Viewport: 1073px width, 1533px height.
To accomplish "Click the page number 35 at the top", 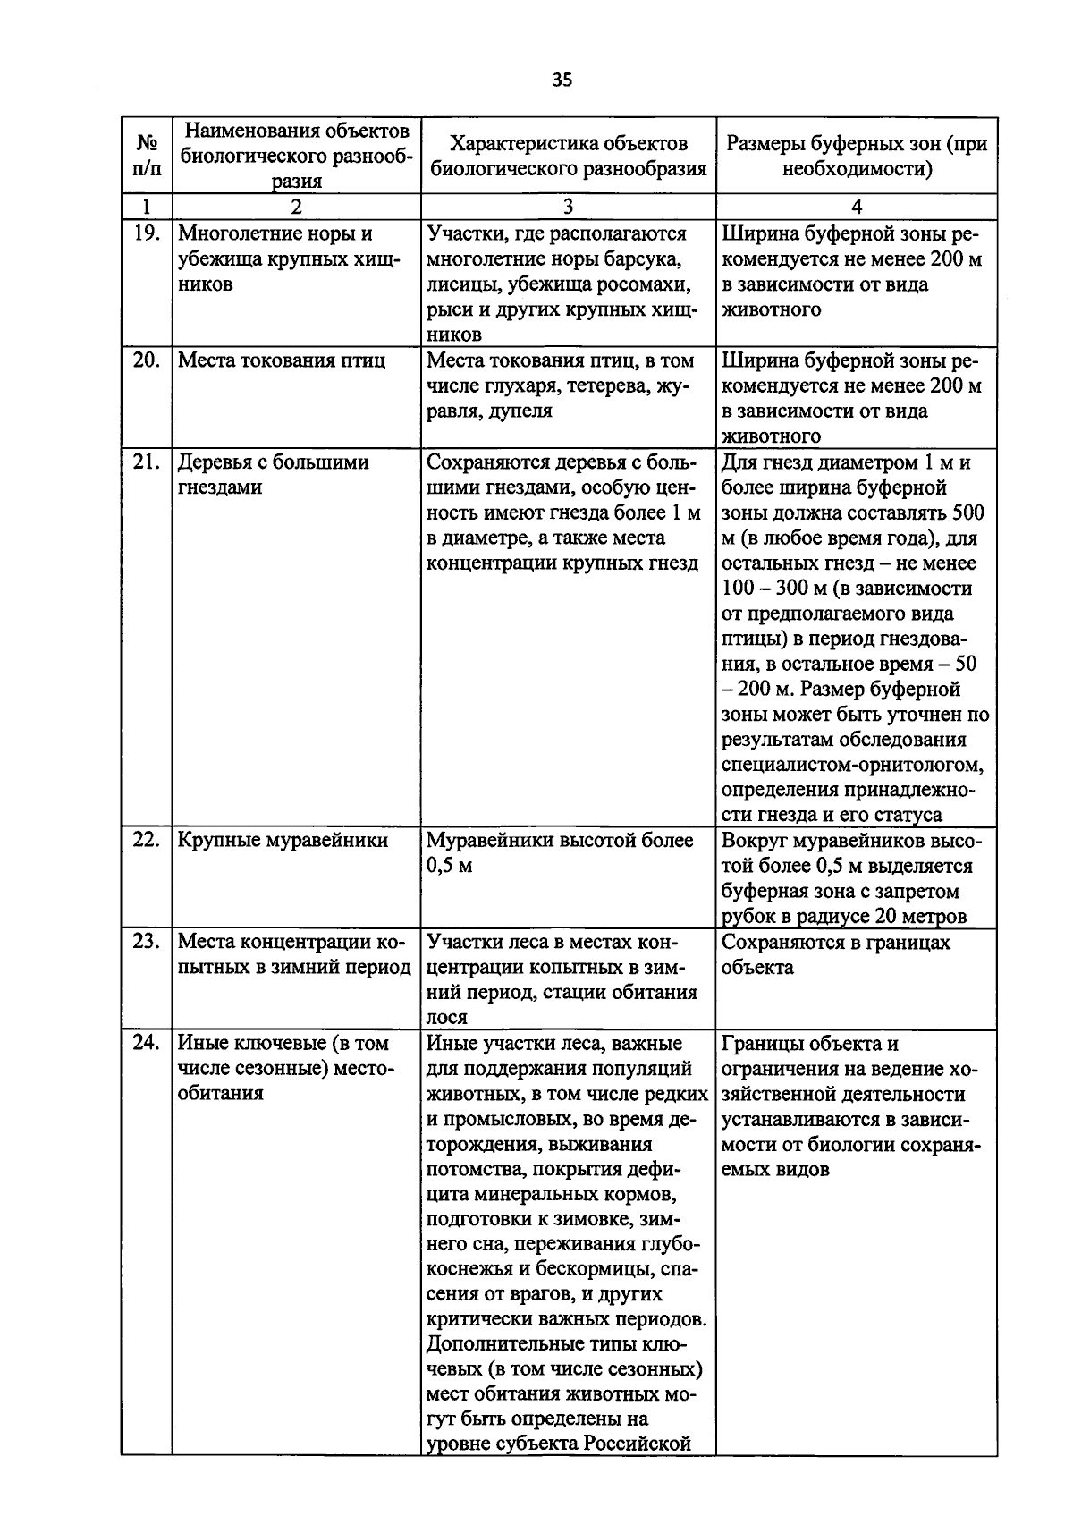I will click(x=562, y=80).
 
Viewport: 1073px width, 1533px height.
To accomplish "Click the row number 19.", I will click(x=146, y=234).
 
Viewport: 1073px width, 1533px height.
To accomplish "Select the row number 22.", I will click(x=146, y=840).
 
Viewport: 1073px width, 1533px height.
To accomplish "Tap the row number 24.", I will click(x=146, y=1043).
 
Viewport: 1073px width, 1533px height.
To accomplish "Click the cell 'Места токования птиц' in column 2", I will click(x=282, y=360).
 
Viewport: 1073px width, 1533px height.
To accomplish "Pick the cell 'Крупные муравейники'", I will click(x=283, y=841).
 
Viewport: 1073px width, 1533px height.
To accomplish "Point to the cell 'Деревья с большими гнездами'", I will click(x=273, y=475).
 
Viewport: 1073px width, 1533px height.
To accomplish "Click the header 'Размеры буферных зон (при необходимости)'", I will click(x=856, y=156).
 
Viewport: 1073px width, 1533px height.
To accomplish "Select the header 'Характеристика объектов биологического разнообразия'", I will click(x=568, y=156).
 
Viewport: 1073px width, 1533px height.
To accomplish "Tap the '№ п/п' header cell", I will click(x=146, y=156).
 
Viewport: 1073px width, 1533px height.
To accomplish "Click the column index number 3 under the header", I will click(x=568, y=207).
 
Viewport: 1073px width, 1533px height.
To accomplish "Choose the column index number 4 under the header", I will click(x=856, y=207).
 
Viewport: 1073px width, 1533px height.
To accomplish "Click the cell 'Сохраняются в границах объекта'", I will click(x=835, y=954).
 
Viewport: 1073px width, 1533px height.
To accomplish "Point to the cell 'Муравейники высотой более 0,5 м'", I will click(x=560, y=852).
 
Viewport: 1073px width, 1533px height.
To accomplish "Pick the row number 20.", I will click(x=146, y=360).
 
